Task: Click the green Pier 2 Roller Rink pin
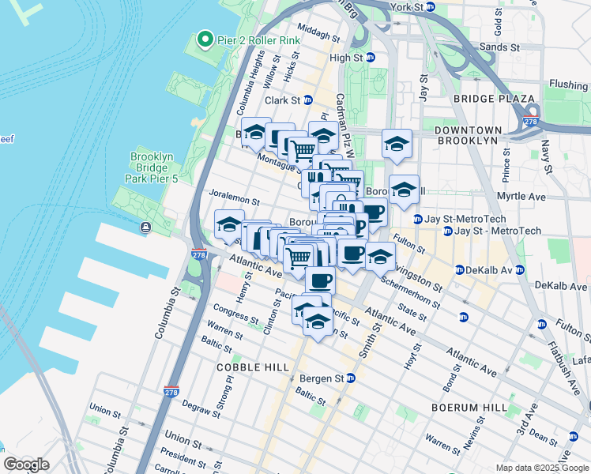tap(205, 39)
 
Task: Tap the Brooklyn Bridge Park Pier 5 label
tap(151, 167)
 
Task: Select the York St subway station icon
tap(430, 6)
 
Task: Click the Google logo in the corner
tap(26, 465)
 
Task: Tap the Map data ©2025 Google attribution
tap(542, 468)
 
